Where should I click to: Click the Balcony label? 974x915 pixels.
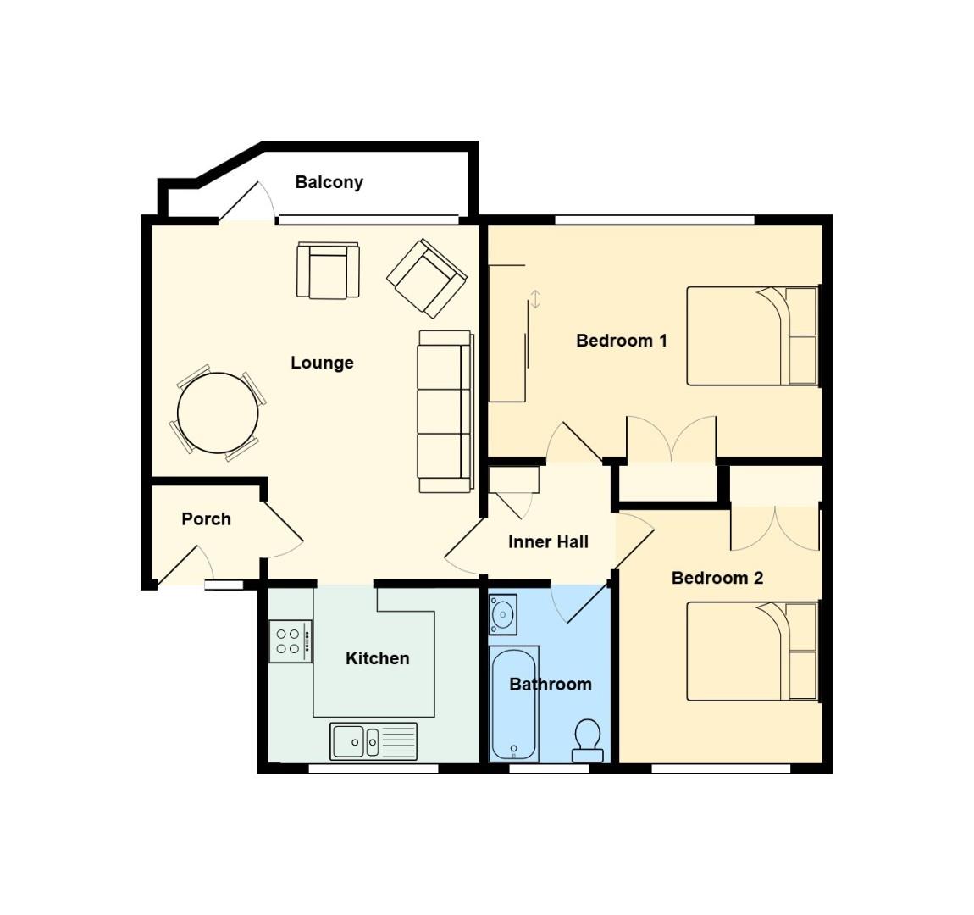click(x=329, y=182)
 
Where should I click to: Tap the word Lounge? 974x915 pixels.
click(x=322, y=363)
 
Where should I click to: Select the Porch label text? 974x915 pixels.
click(x=206, y=518)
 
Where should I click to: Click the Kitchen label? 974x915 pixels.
click(x=377, y=658)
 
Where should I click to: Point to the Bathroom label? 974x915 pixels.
click(x=551, y=684)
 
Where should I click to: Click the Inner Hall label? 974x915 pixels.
click(x=548, y=542)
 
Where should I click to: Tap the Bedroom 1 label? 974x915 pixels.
click(x=622, y=341)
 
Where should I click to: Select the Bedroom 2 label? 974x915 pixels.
click(x=717, y=578)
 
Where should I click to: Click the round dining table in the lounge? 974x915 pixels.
click(x=218, y=413)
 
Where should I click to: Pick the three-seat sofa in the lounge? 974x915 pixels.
click(x=445, y=411)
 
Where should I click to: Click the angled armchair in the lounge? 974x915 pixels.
click(x=427, y=276)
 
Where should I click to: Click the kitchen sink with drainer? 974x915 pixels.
click(x=374, y=741)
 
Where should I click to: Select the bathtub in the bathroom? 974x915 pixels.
click(x=514, y=705)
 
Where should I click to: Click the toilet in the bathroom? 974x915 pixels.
click(x=588, y=740)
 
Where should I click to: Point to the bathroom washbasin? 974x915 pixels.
click(x=505, y=613)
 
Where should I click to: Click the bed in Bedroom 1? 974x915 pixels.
click(x=752, y=336)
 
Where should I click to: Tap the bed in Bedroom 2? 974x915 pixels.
click(x=752, y=651)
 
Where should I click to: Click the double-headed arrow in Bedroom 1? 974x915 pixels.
click(x=535, y=299)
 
